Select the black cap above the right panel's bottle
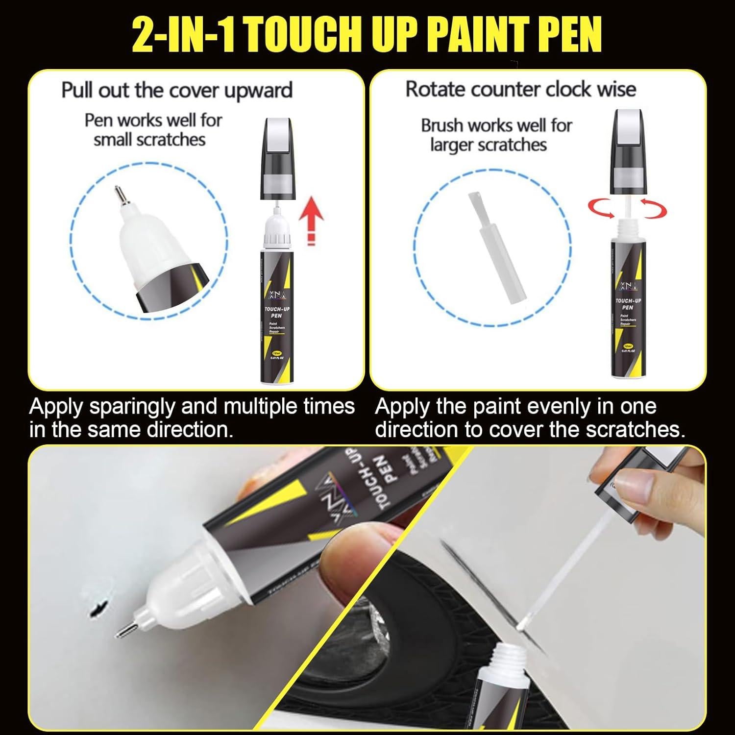627,152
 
